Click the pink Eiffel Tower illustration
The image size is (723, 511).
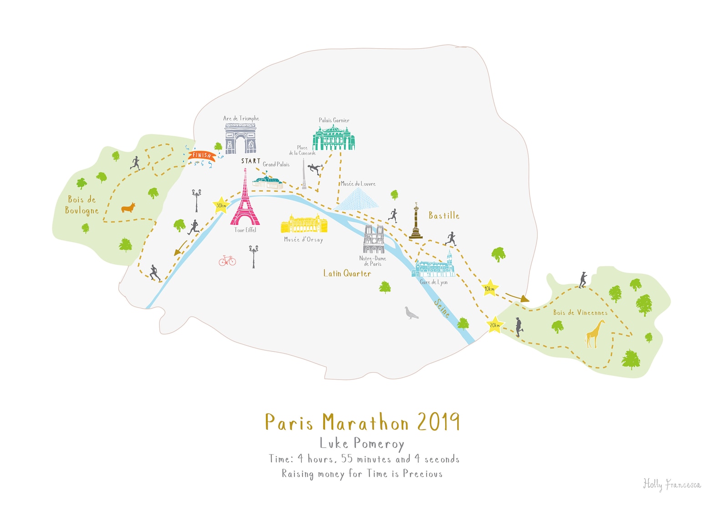pos(245,202)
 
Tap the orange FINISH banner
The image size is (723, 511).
pos(202,156)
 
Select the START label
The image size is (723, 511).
pos(251,161)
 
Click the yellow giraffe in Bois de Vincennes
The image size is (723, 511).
pos(595,334)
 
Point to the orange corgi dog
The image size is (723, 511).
pos(128,208)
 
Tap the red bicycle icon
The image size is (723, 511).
pos(227,260)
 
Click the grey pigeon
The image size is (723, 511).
pos(411,313)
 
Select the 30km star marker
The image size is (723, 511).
pos(221,206)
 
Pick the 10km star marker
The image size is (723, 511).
pos(489,288)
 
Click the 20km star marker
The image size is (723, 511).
pos(494,325)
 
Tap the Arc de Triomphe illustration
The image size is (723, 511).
pos(240,138)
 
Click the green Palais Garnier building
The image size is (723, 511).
pos(334,137)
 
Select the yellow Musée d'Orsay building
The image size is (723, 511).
pos(304,224)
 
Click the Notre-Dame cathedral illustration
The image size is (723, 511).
pos(374,239)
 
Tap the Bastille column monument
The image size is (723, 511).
pos(416,222)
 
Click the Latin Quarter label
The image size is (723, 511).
pos(347,273)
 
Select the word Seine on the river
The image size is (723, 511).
pos(442,308)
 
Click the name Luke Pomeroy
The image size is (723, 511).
pos(361,444)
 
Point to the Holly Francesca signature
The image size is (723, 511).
pos(672,484)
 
